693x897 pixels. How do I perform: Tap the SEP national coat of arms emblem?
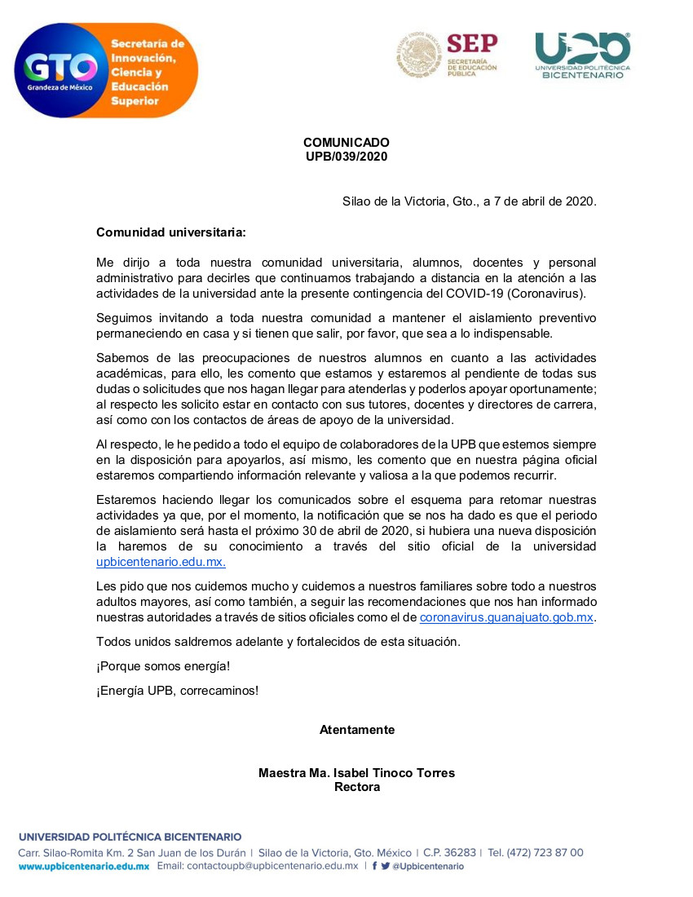click(x=419, y=55)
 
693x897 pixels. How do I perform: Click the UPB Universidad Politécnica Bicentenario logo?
click(x=582, y=55)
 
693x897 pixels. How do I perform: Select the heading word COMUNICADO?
click(x=346, y=143)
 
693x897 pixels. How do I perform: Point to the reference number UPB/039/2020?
click(x=346, y=156)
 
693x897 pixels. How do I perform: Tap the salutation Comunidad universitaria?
click(x=171, y=232)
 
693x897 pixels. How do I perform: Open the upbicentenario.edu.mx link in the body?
click(x=161, y=561)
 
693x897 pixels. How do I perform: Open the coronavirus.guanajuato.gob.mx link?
click(x=506, y=617)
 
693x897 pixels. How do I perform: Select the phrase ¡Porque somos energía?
click(x=163, y=666)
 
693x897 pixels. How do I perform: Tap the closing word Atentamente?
click(x=357, y=730)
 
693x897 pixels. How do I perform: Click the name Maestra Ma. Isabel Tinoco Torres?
click(x=357, y=773)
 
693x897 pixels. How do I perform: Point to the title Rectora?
click(x=357, y=787)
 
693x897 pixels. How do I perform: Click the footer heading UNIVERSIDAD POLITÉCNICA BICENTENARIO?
click(x=130, y=837)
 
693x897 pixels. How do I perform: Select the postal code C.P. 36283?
click(x=451, y=852)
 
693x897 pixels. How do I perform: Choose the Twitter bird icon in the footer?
click(x=386, y=866)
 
